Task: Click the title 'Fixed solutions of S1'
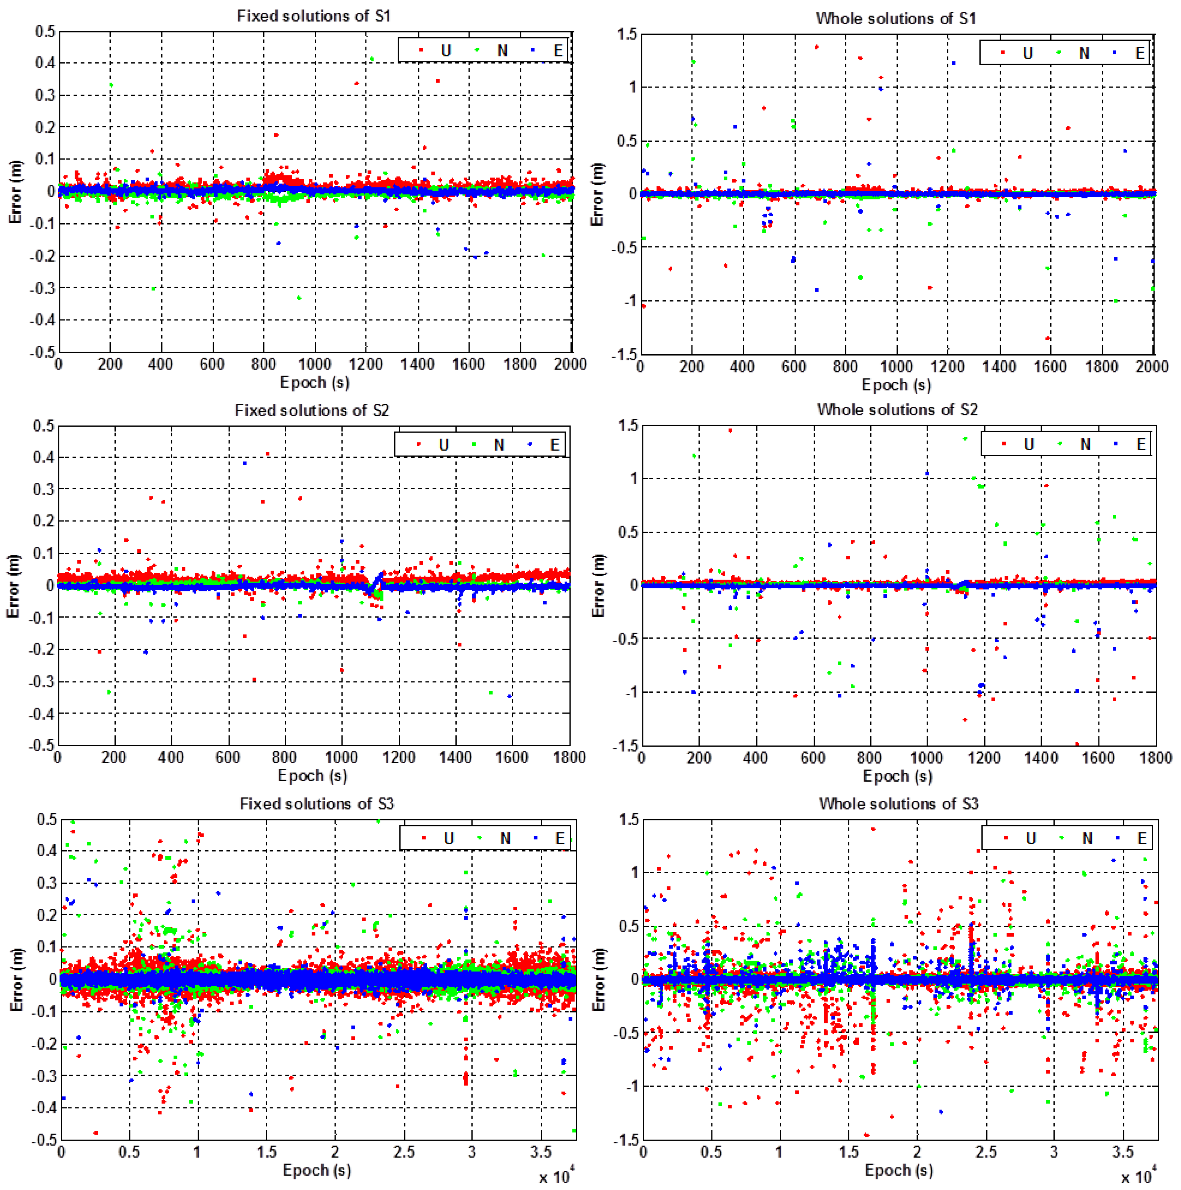click(x=314, y=16)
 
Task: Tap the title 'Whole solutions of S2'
click(x=897, y=410)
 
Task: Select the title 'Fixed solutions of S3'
click(x=316, y=804)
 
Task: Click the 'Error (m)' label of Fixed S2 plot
click(x=14, y=586)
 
